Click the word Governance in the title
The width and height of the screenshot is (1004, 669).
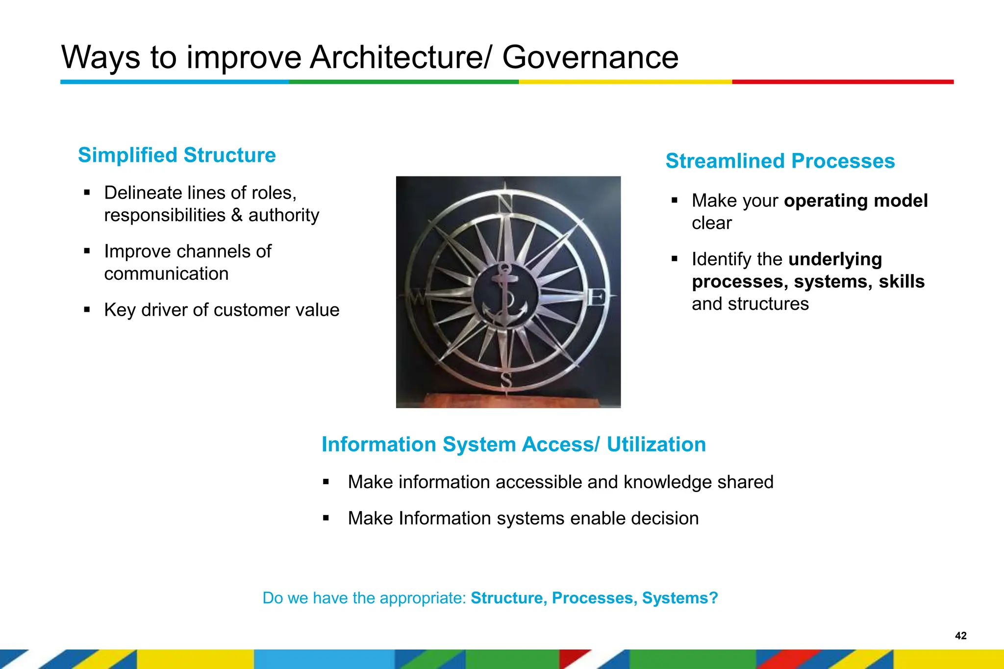(590, 57)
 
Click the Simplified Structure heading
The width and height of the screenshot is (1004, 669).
(176, 155)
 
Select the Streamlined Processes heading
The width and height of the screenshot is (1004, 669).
(779, 161)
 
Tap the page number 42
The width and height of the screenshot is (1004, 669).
(960, 636)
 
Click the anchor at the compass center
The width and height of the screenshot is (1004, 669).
(505, 295)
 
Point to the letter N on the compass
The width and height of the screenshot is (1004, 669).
(505, 202)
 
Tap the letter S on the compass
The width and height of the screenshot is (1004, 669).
(506, 380)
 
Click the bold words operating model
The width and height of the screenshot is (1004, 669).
(855, 201)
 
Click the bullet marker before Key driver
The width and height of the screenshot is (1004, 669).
(87, 310)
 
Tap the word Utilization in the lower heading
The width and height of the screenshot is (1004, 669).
(656, 445)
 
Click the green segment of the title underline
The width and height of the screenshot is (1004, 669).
(403, 82)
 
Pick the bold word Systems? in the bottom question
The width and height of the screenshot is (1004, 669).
(680, 598)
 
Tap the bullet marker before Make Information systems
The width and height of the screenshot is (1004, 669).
(326, 518)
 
